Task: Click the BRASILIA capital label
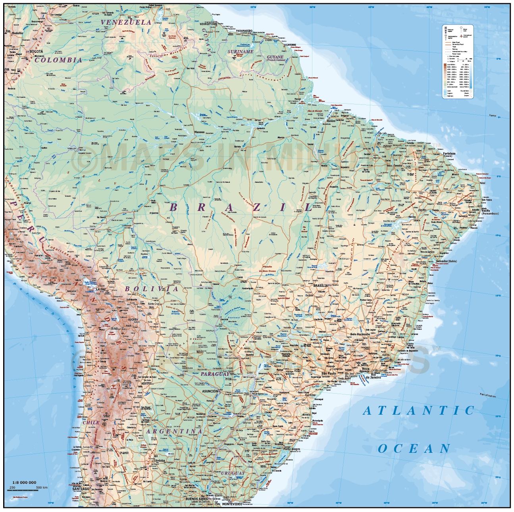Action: (321, 286)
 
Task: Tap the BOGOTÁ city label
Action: (36, 52)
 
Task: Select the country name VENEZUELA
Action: (126, 22)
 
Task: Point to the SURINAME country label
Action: (240, 52)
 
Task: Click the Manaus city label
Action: (199, 132)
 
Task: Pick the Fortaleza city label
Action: (449, 153)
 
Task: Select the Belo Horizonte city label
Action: (360, 334)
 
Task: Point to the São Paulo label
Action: (329, 373)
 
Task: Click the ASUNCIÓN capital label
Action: (210, 391)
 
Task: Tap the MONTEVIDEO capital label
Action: (232, 504)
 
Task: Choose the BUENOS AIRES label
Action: (196, 499)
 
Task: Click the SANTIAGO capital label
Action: (80, 489)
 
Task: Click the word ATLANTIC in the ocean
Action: (419, 411)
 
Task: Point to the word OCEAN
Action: (414, 449)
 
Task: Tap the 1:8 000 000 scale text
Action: (24, 483)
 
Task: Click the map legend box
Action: (457, 61)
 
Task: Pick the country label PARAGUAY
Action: (215, 374)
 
